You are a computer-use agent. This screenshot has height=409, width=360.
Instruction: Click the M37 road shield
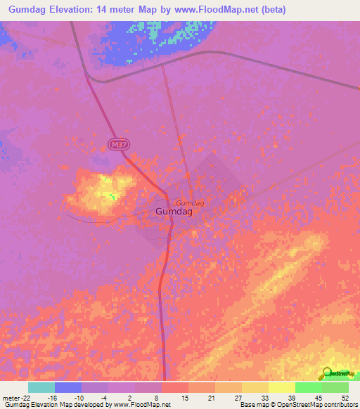click(x=119, y=143)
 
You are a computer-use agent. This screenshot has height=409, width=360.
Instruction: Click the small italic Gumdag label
click(x=190, y=202)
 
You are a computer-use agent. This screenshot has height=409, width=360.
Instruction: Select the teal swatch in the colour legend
click(x=41, y=387)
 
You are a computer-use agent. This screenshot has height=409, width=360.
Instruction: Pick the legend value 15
click(x=185, y=398)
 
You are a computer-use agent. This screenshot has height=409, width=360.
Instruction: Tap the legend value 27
click(x=238, y=398)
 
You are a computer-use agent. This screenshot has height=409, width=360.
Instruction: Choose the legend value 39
click(x=291, y=398)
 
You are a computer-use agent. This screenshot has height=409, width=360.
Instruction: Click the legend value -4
click(x=104, y=398)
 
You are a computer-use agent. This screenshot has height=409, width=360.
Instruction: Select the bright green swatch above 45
click(x=309, y=387)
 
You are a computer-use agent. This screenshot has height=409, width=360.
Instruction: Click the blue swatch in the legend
click(x=67, y=387)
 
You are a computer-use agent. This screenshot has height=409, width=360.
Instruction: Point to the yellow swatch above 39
click(x=281, y=387)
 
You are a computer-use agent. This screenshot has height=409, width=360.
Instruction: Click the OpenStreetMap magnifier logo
click(x=326, y=374)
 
